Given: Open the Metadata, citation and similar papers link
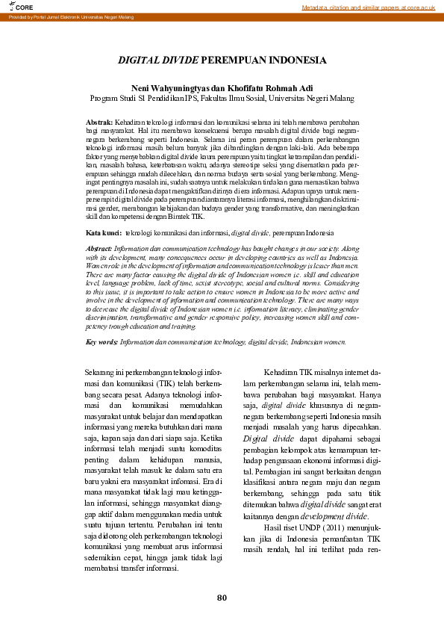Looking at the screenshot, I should [369, 7].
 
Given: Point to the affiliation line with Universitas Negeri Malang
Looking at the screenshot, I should [222, 98].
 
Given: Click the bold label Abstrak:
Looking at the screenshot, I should [99, 122].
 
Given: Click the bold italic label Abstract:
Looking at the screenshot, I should [100, 248].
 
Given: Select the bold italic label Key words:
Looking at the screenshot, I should [101, 341].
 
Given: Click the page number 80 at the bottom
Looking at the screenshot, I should [222, 598].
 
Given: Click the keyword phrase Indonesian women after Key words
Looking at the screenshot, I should [319, 341].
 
